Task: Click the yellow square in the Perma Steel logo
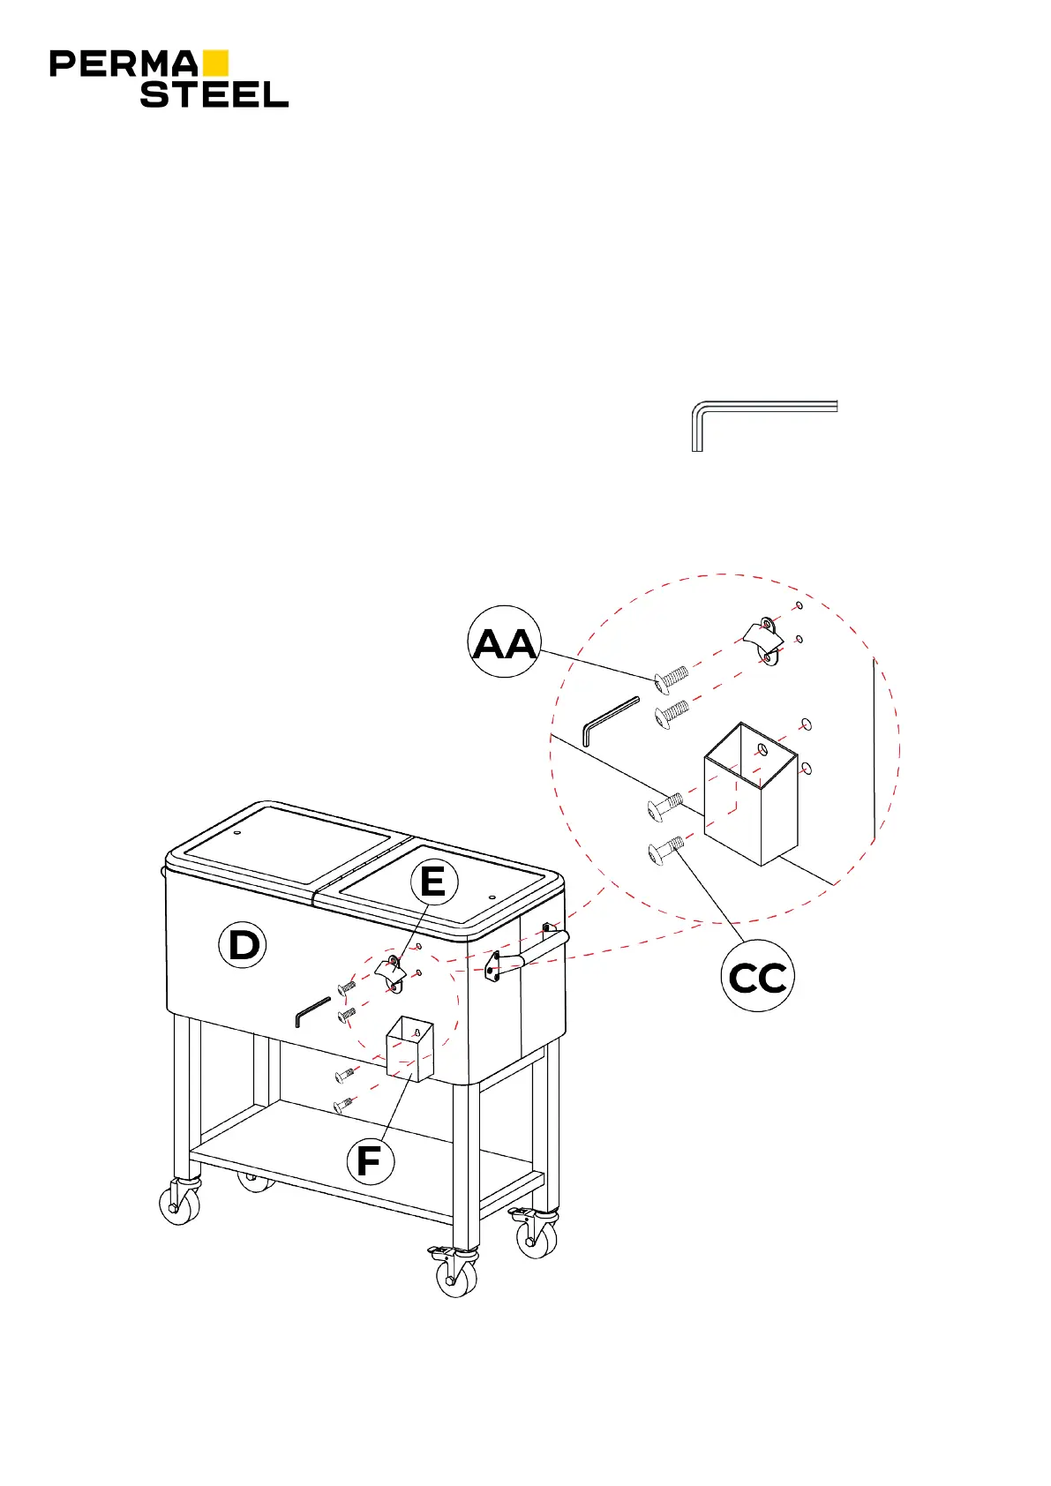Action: point(215,63)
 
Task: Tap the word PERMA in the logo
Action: point(124,64)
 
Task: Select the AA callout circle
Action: point(504,643)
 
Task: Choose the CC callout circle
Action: point(757,976)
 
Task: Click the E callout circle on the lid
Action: point(433,882)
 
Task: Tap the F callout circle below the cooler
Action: point(369,1161)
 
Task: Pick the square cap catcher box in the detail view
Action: point(751,794)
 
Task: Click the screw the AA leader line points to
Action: point(672,679)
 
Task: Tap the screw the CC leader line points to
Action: point(665,850)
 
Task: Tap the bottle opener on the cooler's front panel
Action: point(391,972)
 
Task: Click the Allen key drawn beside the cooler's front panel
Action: point(312,1011)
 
